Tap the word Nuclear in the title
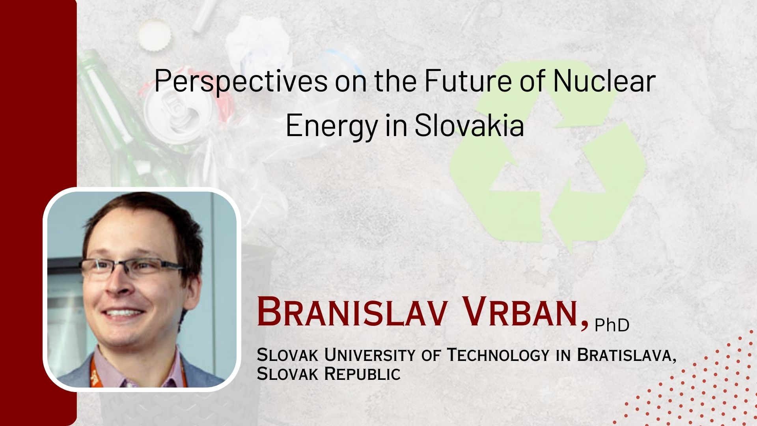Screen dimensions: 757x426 pyautogui.click(x=604, y=81)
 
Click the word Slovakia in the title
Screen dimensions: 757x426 pyautogui.click(x=469, y=125)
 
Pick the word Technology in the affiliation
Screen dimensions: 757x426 pyautogui.click(x=498, y=355)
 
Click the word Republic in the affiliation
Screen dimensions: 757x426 pyautogui.click(x=362, y=374)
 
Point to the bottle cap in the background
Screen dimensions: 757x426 pyautogui.click(x=155, y=35)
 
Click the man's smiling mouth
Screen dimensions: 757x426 pyautogui.click(x=123, y=314)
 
